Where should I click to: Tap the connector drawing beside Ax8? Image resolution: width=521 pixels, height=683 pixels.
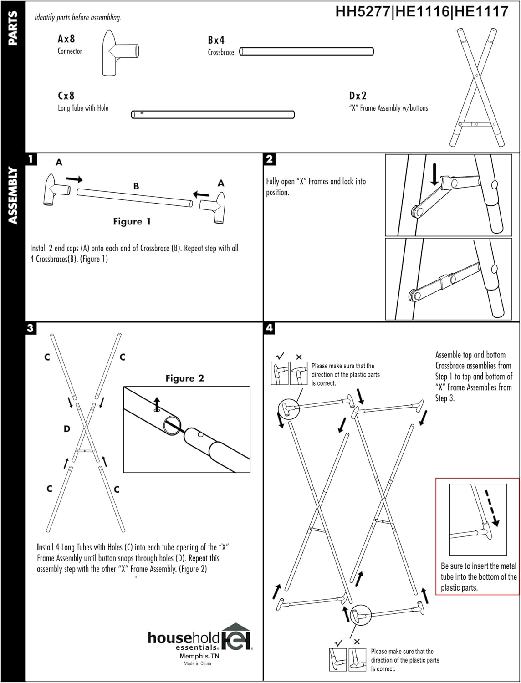117,53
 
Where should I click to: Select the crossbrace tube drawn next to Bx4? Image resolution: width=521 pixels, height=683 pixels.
306,51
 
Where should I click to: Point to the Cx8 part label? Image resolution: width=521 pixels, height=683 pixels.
66,96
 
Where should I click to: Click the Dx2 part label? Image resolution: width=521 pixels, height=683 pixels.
358,96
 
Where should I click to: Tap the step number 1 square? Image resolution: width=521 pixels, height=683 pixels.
31,159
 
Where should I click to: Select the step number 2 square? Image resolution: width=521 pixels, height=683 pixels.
269,159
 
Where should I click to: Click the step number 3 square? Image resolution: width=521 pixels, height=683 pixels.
31,328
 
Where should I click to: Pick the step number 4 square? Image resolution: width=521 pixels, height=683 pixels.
269,328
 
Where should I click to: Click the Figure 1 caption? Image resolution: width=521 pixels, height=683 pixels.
132,222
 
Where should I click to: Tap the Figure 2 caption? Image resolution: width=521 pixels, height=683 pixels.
184,378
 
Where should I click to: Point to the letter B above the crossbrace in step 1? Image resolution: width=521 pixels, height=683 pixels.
136,186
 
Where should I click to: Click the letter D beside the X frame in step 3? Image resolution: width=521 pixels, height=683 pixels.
67,428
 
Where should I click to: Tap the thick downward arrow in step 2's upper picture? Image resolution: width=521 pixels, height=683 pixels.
435,174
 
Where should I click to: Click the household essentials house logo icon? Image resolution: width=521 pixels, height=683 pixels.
236,636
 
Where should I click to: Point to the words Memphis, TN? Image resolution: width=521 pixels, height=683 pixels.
199,656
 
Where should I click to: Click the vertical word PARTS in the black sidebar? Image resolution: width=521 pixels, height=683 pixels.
13,28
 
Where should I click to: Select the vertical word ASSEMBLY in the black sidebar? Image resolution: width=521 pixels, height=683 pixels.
13,196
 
